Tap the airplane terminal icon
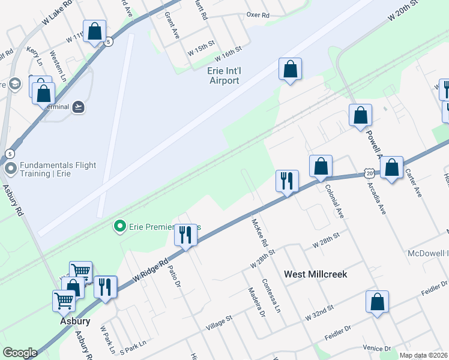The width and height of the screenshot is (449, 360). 78,107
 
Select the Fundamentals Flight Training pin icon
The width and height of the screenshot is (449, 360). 10,169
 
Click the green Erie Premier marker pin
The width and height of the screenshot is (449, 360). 120,226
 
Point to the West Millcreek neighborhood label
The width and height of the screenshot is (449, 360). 316,274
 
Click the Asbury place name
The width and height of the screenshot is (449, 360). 74,321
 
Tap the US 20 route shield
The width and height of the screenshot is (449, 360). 369,173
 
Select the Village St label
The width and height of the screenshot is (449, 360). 218,323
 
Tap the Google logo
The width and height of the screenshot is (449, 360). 20,353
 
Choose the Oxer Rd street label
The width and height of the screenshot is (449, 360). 258,14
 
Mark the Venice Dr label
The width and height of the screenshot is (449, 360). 377,347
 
